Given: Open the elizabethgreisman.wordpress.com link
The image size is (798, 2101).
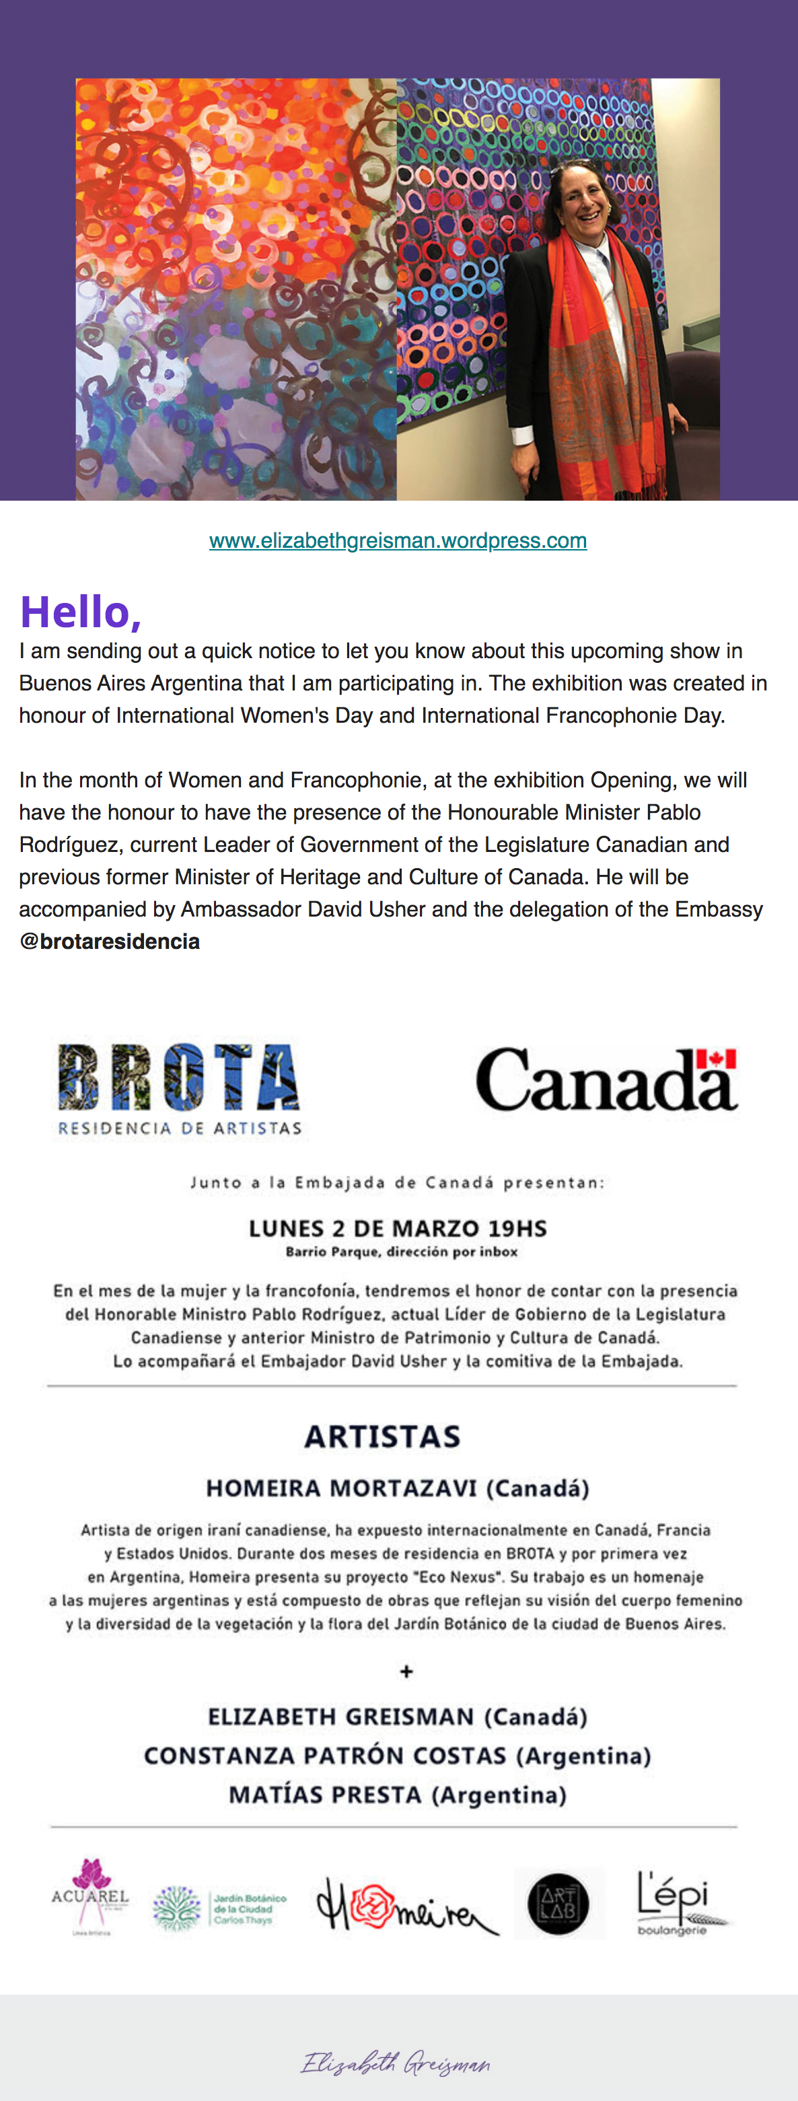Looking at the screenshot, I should tap(398, 541).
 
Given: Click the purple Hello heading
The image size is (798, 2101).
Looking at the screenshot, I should tap(81, 612).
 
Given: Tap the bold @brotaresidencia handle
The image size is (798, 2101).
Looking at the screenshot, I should tap(109, 941).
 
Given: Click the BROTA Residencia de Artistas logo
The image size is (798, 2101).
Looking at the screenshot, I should tap(180, 1088).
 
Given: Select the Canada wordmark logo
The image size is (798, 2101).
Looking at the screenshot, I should tap(606, 1081).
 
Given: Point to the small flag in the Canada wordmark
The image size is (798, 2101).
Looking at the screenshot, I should tap(717, 1059).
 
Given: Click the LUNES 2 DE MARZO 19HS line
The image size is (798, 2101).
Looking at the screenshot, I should tap(398, 1228).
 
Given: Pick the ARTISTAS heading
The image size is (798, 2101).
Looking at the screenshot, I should tap(382, 1436).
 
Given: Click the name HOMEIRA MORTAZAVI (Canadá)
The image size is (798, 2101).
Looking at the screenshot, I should tap(397, 1489).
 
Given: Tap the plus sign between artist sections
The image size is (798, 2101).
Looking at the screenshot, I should tap(406, 1671).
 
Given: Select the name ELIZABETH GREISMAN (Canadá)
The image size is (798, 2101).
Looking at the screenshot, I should tap(397, 1717).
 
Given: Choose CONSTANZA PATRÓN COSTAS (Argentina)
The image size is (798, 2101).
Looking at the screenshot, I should tap(397, 1756).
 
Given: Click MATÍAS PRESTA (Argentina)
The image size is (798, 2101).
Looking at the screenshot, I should tap(397, 1795).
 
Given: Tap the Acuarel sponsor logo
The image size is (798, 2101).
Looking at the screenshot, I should tap(90, 1896).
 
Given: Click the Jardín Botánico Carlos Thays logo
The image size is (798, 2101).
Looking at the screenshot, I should tap(220, 1909).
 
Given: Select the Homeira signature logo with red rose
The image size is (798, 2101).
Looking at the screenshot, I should tap(405, 1906).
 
